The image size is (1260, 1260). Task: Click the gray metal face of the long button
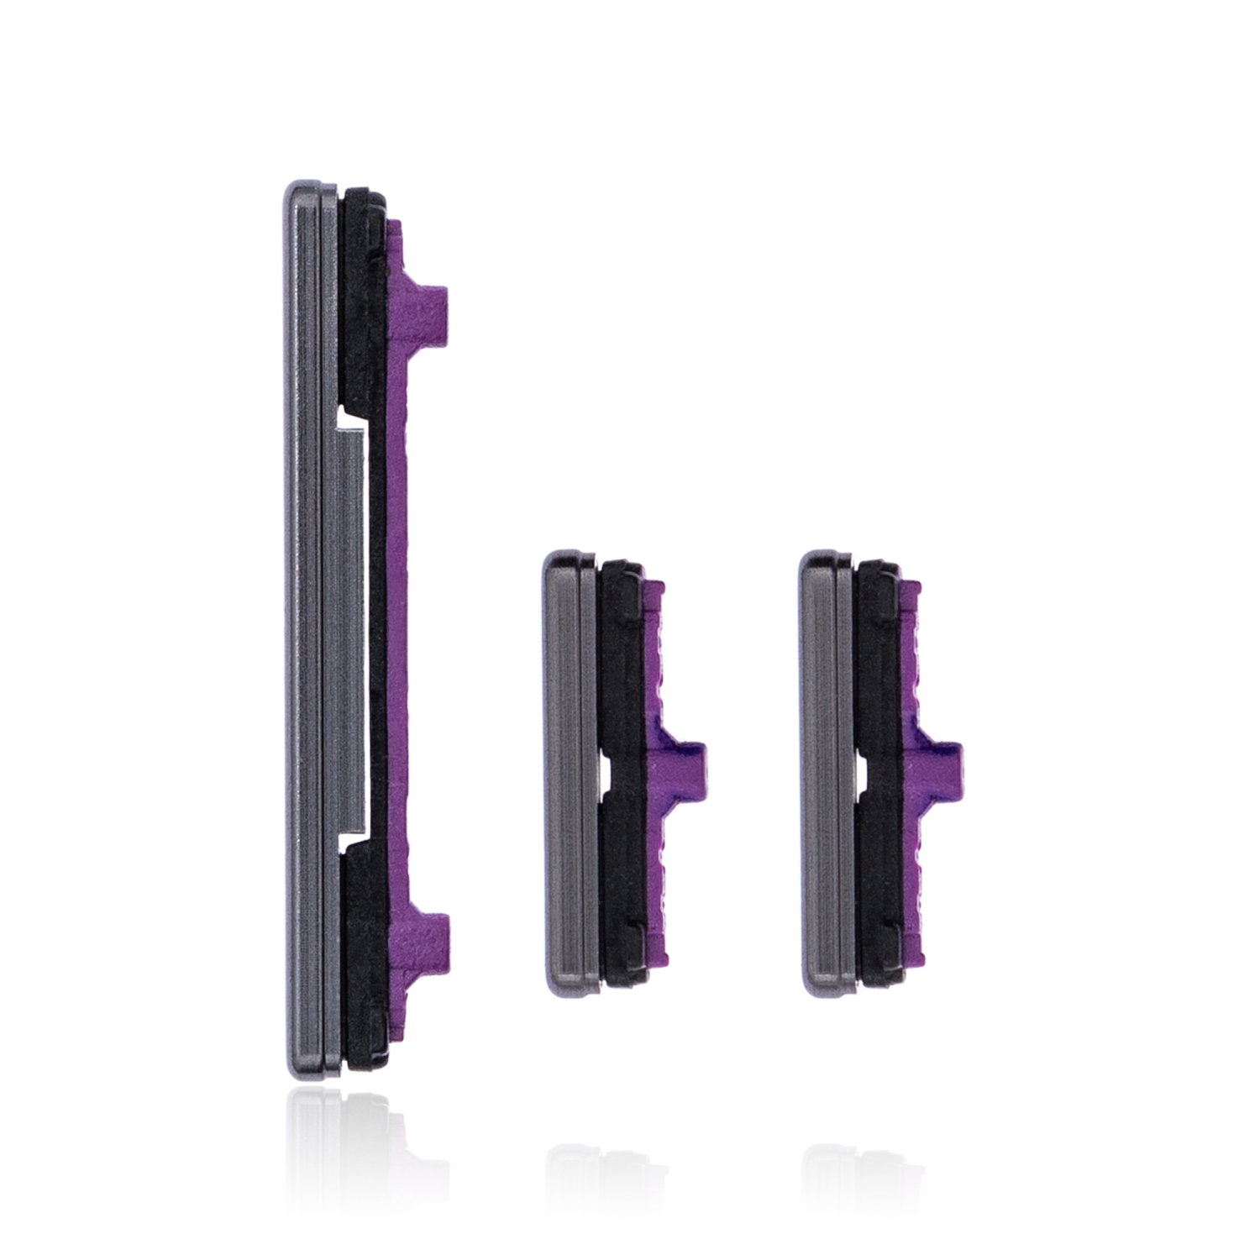[x=304, y=630]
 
